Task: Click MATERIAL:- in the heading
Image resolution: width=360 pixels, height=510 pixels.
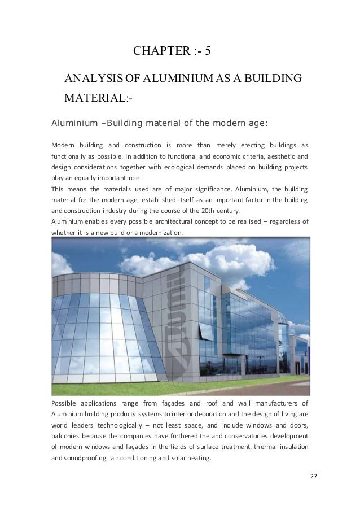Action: click(100, 101)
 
